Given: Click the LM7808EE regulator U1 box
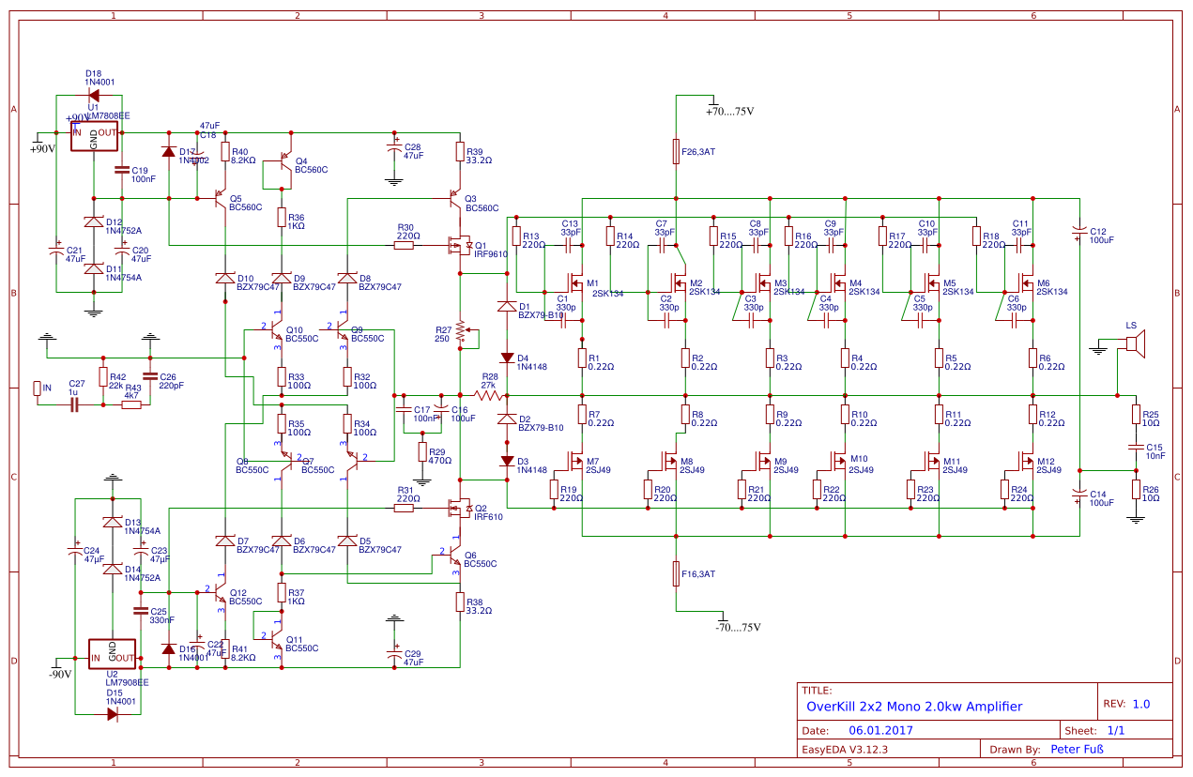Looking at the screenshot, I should pyautogui.click(x=93, y=140).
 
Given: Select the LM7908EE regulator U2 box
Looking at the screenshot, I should pyautogui.click(x=112, y=653).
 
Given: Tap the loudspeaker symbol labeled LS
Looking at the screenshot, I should pyautogui.click(x=1134, y=347).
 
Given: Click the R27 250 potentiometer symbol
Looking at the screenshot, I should pyautogui.click(x=460, y=333).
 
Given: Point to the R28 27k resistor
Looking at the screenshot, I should pyautogui.click(x=489, y=396).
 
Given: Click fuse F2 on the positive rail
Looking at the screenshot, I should pyautogui.click(x=675, y=150).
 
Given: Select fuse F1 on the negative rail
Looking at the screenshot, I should pyautogui.click(x=675, y=573).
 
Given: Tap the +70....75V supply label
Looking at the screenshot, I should pyautogui.click(x=730, y=111).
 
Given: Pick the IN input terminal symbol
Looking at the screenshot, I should pyautogui.click(x=38, y=388).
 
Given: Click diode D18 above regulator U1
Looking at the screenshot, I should pyautogui.click(x=93, y=94).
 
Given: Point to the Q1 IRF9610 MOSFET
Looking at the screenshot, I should pyautogui.click(x=459, y=246).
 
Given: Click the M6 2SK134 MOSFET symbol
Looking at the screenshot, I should pyautogui.click(x=1028, y=282).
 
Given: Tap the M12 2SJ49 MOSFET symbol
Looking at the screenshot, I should pyautogui.click(x=1028, y=461).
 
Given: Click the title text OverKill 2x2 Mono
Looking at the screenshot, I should pyautogui.click(x=914, y=707).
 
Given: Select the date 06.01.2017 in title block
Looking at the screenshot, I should pyautogui.click(x=880, y=730).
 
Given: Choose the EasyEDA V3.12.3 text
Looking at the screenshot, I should pyautogui.click(x=844, y=749).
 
